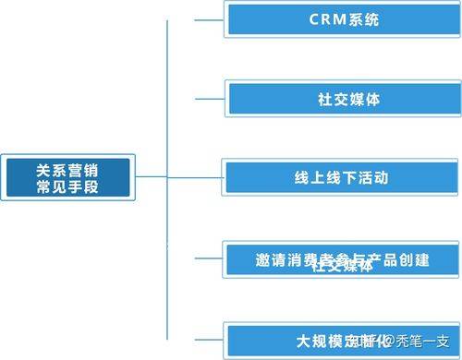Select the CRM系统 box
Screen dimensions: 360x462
coord(342,19)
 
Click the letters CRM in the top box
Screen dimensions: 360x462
coord(324,19)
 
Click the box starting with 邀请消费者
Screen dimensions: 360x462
coord(342,258)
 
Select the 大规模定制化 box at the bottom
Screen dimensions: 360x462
coord(342,338)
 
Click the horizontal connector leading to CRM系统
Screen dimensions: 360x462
coord(195,19)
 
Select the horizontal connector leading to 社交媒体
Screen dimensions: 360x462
coord(195,98)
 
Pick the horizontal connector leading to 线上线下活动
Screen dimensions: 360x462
coord(195,176)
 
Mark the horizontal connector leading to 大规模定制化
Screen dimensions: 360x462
coord(195,338)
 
